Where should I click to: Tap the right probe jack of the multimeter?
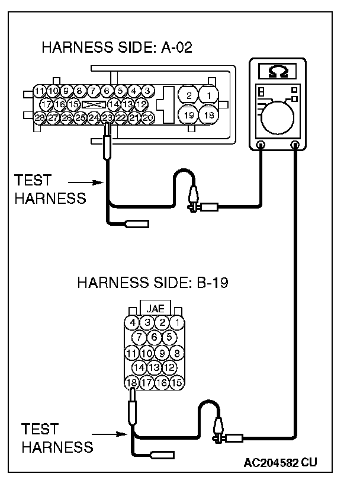click(294, 145)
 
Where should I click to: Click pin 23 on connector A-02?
click(107, 118)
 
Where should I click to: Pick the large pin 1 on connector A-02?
click(208, 94)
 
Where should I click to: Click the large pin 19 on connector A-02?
click(189, 114)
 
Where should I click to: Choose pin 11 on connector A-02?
click(39, 91)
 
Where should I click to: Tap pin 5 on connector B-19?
click(169, 338)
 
